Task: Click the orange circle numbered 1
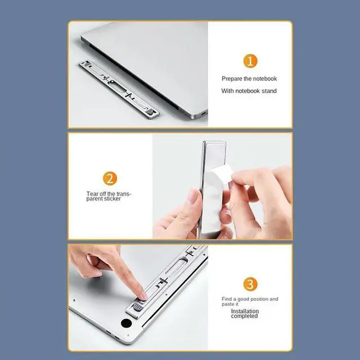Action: [250, 61]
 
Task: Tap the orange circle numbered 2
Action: [110, 179]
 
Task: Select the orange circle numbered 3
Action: [250, 283]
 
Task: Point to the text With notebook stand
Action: [249, 91]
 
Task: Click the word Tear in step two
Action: [92, 193]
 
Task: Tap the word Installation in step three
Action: [245, 310]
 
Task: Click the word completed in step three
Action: [244, 316]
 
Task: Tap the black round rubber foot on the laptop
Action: [126, 324]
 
